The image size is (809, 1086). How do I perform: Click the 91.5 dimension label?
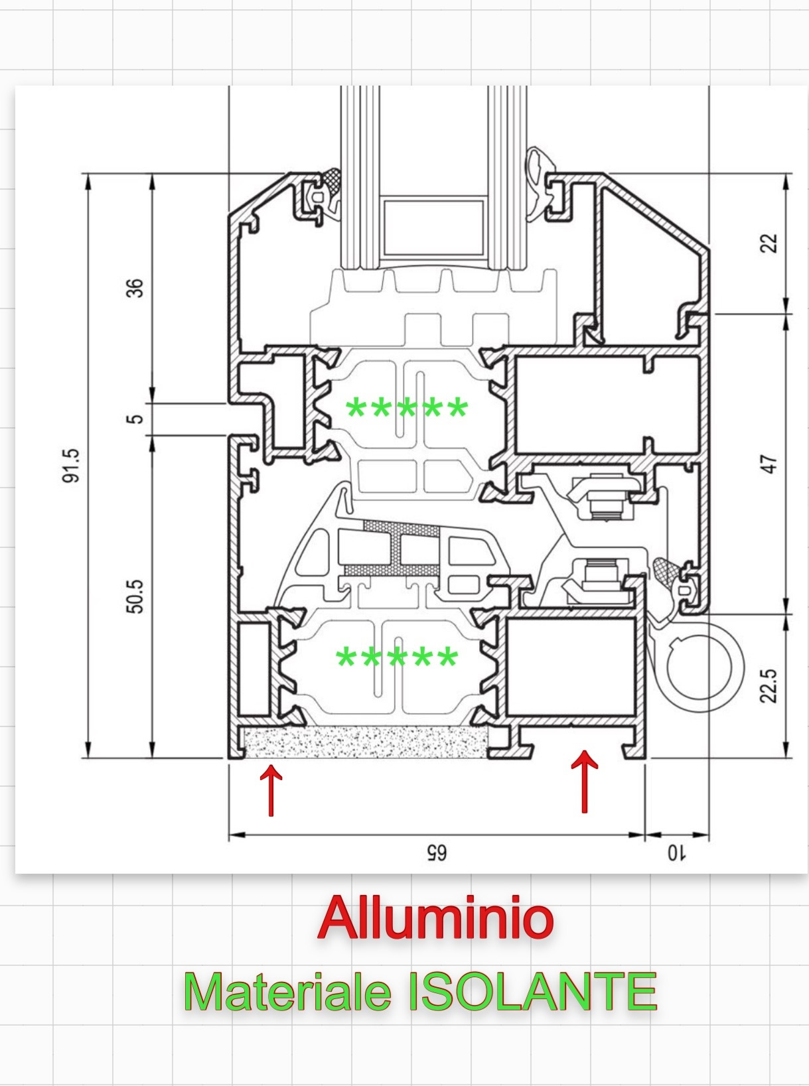72,466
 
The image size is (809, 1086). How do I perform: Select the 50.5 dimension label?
135,596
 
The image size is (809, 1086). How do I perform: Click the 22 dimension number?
768,243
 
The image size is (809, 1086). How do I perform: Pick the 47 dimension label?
768,464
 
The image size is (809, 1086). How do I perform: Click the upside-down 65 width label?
436,853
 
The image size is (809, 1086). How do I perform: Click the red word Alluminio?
435,918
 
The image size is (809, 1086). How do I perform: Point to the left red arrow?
271,789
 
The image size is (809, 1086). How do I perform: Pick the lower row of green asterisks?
397,659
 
